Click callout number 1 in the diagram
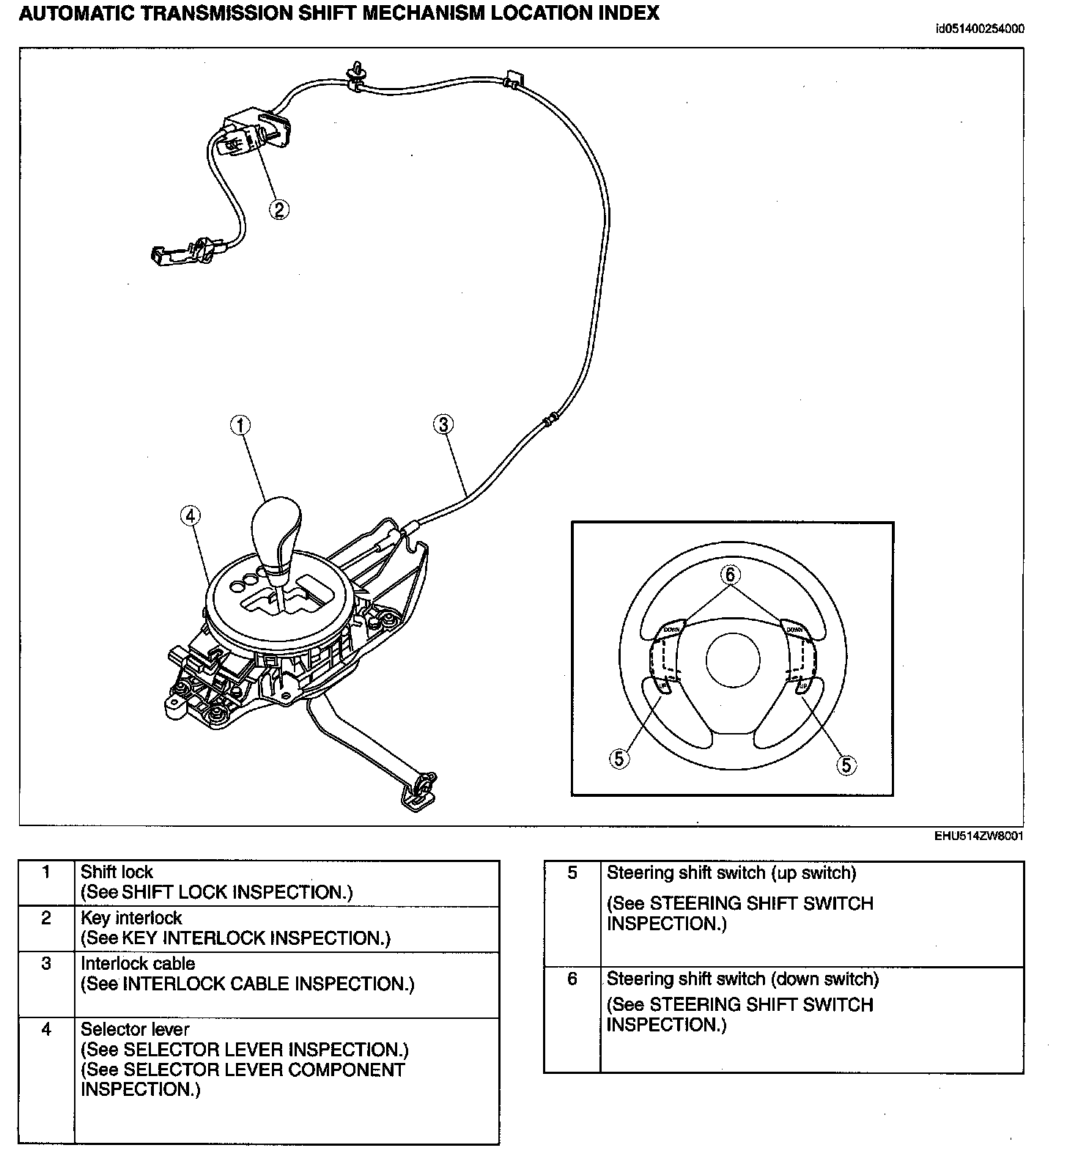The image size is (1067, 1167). pos(240,424)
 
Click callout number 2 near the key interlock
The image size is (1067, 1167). pos(278,210)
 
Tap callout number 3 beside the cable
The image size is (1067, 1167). pos(443,424)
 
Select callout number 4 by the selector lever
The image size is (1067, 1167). pos(190,516)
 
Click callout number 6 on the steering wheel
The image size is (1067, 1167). pos(730,575)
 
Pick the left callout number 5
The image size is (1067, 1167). pos(619,759)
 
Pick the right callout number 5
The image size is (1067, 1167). pos(846,765)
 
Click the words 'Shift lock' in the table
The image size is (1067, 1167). pos(117,872)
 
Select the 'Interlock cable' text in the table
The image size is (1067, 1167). pos(138,964)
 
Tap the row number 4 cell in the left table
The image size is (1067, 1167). pos(46,1030)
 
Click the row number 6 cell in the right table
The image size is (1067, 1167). pos(572,979)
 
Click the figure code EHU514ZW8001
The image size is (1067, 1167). pos(978,836)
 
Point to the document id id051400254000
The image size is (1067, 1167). pos(980,29)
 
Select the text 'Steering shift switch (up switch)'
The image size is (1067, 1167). pos(731,873)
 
